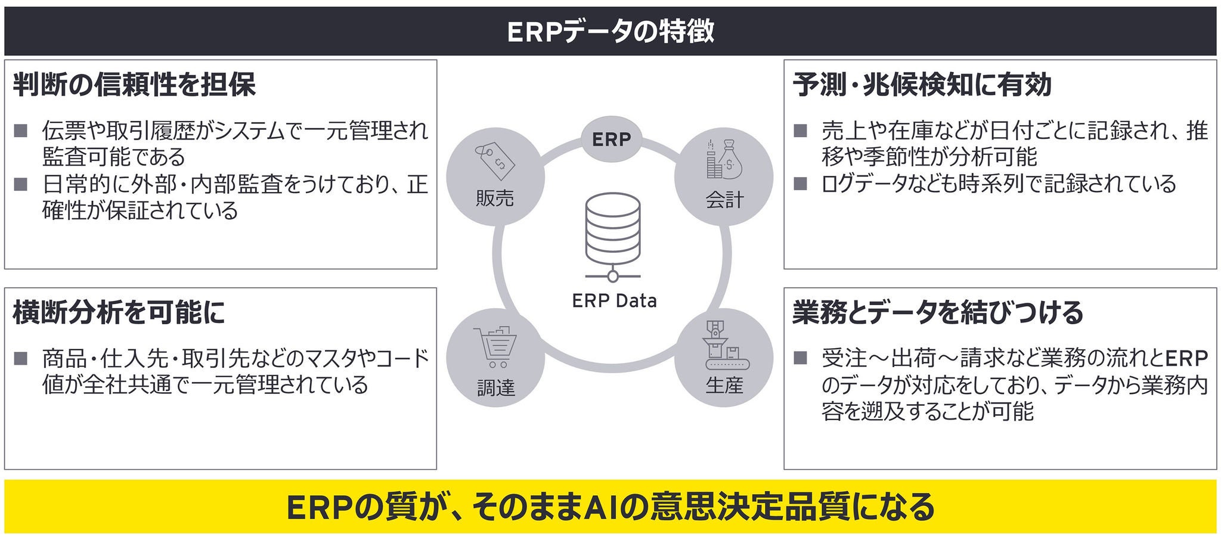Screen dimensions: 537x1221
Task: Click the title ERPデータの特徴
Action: click(x=610, y=31)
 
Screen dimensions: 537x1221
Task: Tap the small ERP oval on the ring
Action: click(x=611, y=139)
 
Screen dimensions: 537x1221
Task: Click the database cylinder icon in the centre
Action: click(x=613, y=232)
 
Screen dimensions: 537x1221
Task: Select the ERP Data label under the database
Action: click(x=614, y=300)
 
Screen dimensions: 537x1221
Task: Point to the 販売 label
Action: click(x=495, y=198)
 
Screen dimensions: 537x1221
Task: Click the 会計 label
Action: click(x=724, y=200)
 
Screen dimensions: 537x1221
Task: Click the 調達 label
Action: click(x=495, y=388)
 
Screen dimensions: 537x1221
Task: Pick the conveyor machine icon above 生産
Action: click(x=724, y=345)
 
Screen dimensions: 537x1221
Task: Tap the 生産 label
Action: click(x=724, y=385)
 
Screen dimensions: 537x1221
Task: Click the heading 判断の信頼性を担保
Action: click(x=134, y=85)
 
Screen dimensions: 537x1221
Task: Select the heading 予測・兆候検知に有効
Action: click(x=922, y=85)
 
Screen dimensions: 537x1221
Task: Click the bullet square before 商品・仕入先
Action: click(x=21, y=358)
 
